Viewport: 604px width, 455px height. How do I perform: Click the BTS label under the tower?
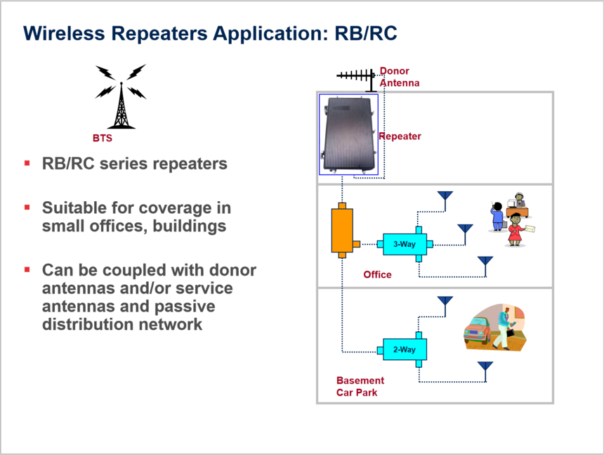pyautogui.click(x=103, y=138)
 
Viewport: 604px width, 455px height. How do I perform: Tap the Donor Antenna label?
pyautogui.click(x=400, y=77)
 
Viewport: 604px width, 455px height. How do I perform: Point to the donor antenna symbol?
pyautogui.click(x=356, y=79)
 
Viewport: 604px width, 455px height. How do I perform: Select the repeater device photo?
pyautogui.click(x=348, y=134)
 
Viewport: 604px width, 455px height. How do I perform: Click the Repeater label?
pyautogui.click(x=400, y=136)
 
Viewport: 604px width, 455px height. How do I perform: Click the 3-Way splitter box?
pyautogui.click(x=405, y=244)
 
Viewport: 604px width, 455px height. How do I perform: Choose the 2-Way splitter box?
pyautogui.click(x=405, y=350)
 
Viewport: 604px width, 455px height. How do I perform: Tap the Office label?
pyautogui.click(x=378, y=274)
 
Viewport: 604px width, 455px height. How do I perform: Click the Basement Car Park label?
pyautogui.click(x=360, y=386)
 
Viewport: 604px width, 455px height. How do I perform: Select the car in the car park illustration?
pyautogui.click(x=478, y=331)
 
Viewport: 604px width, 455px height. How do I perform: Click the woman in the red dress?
pyautogui.click(x=515, y=230)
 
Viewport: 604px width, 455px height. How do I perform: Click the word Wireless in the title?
pyautogui.click(x=64, y=33)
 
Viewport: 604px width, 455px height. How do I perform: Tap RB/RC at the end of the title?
pyautogui.click(x=366, y=33)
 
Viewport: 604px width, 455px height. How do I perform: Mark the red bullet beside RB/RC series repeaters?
pyautogui.click(x=27, y=163)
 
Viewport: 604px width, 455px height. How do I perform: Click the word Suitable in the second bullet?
pyautogui.click(x=74, y=208)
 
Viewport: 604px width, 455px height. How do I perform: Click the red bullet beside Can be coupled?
pyautogui.click(x=27, y=269)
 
